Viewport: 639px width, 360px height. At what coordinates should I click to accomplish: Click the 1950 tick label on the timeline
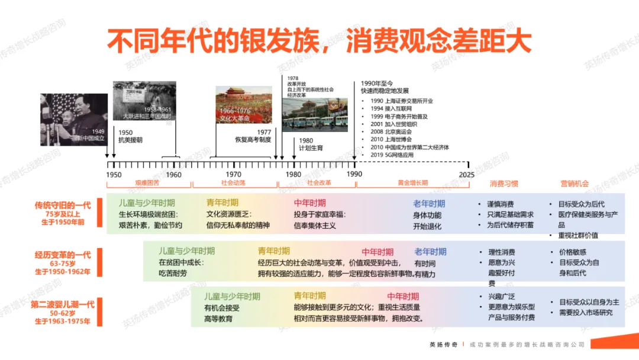(114, 175)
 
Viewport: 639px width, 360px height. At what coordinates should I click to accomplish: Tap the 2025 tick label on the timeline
(467, 175)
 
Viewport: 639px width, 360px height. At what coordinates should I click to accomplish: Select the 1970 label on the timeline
(234, 175)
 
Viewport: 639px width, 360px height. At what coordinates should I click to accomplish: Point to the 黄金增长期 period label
(412, 184)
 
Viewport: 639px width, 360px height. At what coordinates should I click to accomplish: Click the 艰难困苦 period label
(147, 184)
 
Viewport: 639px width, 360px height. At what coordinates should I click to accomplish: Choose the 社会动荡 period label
(234, 184)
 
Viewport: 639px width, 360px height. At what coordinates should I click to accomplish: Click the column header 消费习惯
(504, 184)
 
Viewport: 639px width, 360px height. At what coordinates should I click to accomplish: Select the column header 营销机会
(574, 184)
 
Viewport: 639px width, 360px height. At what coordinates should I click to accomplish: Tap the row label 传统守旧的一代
(63, 205)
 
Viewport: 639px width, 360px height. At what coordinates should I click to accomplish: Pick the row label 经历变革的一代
(63, 255)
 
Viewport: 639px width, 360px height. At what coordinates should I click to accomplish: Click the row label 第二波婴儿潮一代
(63, 304)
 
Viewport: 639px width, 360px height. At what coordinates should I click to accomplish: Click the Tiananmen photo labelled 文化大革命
(243, 105)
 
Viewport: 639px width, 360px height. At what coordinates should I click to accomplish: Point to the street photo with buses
(314, 115)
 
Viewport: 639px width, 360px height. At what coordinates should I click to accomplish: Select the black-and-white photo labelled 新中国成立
(73, 119)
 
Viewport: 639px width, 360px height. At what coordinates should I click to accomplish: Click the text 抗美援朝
(130, 140)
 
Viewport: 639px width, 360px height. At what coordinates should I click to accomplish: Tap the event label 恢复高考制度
(253, 140)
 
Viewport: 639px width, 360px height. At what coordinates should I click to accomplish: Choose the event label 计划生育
(311, 148)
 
